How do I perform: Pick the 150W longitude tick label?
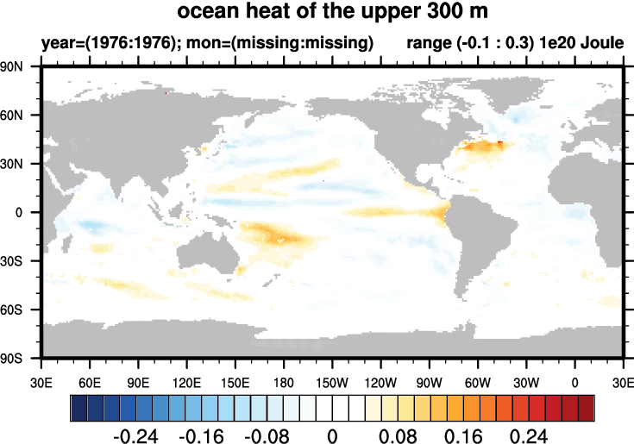(331, 382)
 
